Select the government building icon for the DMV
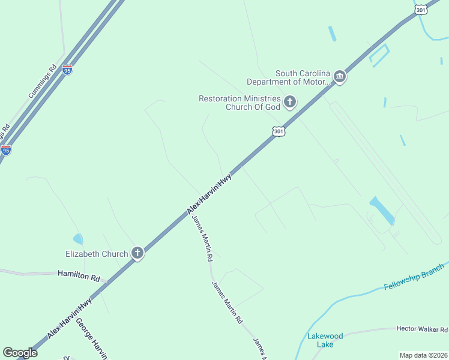pyautogui.click(x=340, y=77)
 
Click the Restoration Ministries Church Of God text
pyautogui.click(x=240, y=103)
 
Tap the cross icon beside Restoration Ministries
pyautogui.click(x=290, y=102)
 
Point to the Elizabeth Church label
pyautogui.click(x=97, y=254)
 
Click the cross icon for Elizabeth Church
pyautogui.click(x=137, y=253)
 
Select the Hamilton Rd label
pyautogui.click(x=78, y=275)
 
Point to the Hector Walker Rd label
pyautogui.click(x=422, y=329)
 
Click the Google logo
pyautogui.click(x=20, y=353)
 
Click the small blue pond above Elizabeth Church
pyautogui.click(x=78, y=239)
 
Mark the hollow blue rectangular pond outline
pyautogui.click(x=379, y=55)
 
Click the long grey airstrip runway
pyautogui.click(x=385, y=171)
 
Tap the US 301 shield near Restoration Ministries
pyautogui.click(x=277, y=131)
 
